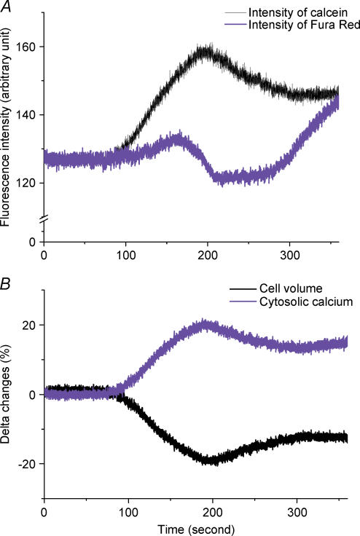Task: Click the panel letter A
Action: pyautogui.click(x=7, y=7)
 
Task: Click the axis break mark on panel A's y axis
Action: pyautogui.click(x=44, y=219)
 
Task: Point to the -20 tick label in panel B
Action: pyautogui.click(x=28, y=464)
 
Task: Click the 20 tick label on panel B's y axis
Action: pyautogui.click(x=31, y=325)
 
